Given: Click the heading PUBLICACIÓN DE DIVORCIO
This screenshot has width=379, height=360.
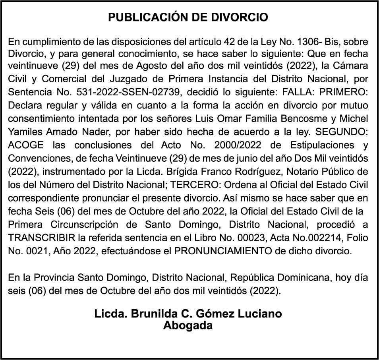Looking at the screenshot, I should tap(188, 17).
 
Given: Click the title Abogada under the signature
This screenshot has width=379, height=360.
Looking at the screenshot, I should tap(188, 325).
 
